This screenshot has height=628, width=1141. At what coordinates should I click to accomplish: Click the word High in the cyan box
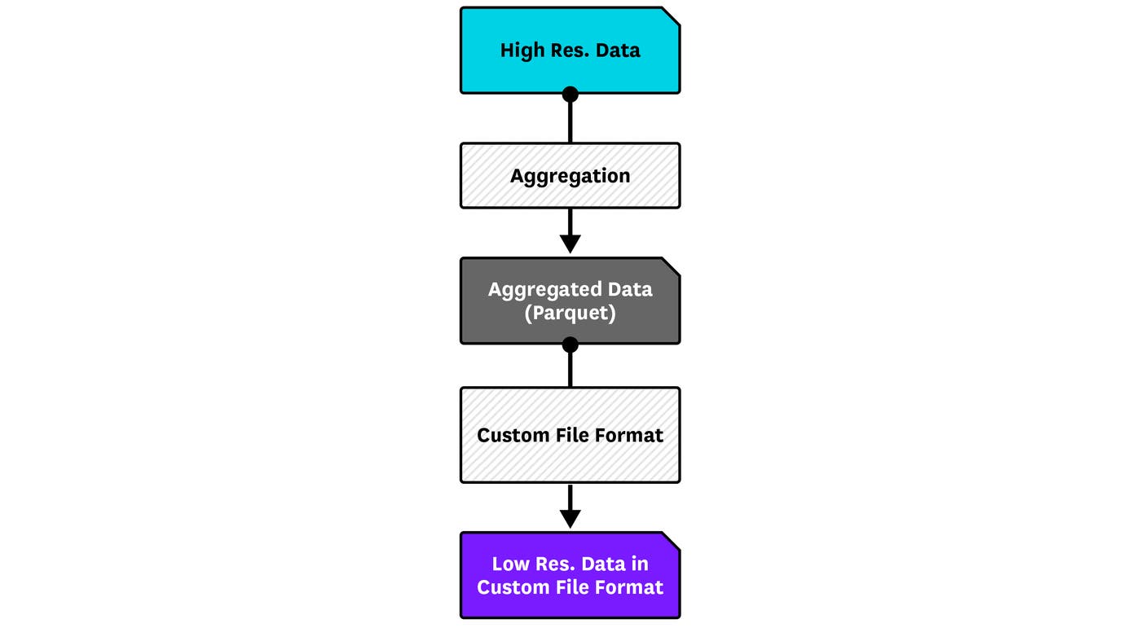tap(519, 51)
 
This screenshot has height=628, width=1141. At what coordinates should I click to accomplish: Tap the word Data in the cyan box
tap(618, 51)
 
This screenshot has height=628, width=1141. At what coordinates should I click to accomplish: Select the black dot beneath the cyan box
tap(570, 94)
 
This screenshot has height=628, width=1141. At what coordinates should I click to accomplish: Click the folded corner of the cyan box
tap(671, 15)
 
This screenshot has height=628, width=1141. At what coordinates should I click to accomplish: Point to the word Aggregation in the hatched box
tap(570, 176)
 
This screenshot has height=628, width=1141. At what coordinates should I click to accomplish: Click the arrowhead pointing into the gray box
tap(570, 243)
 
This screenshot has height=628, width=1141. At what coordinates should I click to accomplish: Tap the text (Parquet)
tap(570, 313)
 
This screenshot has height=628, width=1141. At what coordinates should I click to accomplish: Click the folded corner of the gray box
tap(671, 266)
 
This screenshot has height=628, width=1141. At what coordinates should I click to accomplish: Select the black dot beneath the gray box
tap(570, 345)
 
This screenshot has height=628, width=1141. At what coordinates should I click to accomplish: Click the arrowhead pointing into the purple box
tap(570, 517)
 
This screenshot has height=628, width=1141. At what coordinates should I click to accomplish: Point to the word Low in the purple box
tap(511, 564)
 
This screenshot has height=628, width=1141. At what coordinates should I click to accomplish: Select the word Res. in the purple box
tap(559, 564)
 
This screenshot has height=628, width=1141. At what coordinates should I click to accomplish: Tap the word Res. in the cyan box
tap(567, 51)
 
